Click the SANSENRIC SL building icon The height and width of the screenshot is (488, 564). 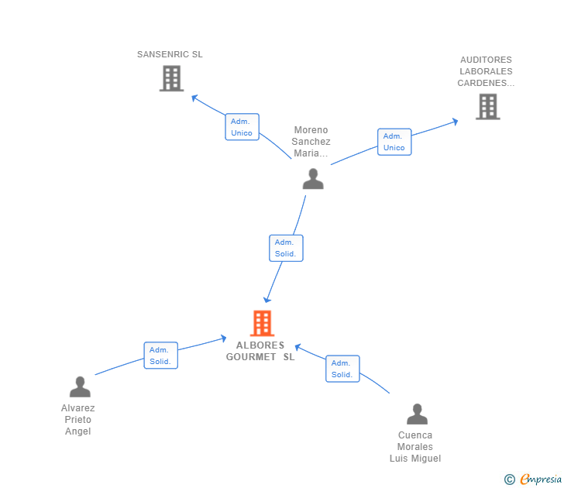tap(171, 78)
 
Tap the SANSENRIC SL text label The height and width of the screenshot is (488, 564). tap(170, 54)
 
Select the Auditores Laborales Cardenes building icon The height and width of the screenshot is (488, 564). tap(488, 106)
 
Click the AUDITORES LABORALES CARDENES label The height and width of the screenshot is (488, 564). tap(486, 71)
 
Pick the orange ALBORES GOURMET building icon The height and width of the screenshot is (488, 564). tap(262, 323)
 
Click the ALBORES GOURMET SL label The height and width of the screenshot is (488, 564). tap(260, 351)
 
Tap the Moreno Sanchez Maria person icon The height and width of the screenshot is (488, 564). tap(313, 179)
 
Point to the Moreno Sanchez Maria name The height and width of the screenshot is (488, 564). tap(311, 141)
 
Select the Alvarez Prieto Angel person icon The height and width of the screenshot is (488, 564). tap(80, 387)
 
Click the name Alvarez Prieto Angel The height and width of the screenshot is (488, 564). tap(78, 419)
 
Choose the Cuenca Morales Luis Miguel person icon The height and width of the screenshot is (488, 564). tap(417, 414)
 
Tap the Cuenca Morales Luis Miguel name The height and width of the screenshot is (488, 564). tap(415, 447)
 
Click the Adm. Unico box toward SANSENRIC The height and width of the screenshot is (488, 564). tap(242, 127)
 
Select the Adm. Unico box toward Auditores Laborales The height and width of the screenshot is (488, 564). tap(394, 142)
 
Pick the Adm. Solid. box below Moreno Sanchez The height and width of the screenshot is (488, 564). tap(286, 248)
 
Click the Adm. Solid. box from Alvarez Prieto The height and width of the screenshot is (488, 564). tap(161, 356)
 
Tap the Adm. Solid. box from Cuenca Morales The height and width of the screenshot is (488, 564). tap(342, 369)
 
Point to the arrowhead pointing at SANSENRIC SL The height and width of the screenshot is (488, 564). tap(194, 98)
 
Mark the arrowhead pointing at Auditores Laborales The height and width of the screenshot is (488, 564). tap(455, 122)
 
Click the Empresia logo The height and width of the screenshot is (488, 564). tap(533, 479)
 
